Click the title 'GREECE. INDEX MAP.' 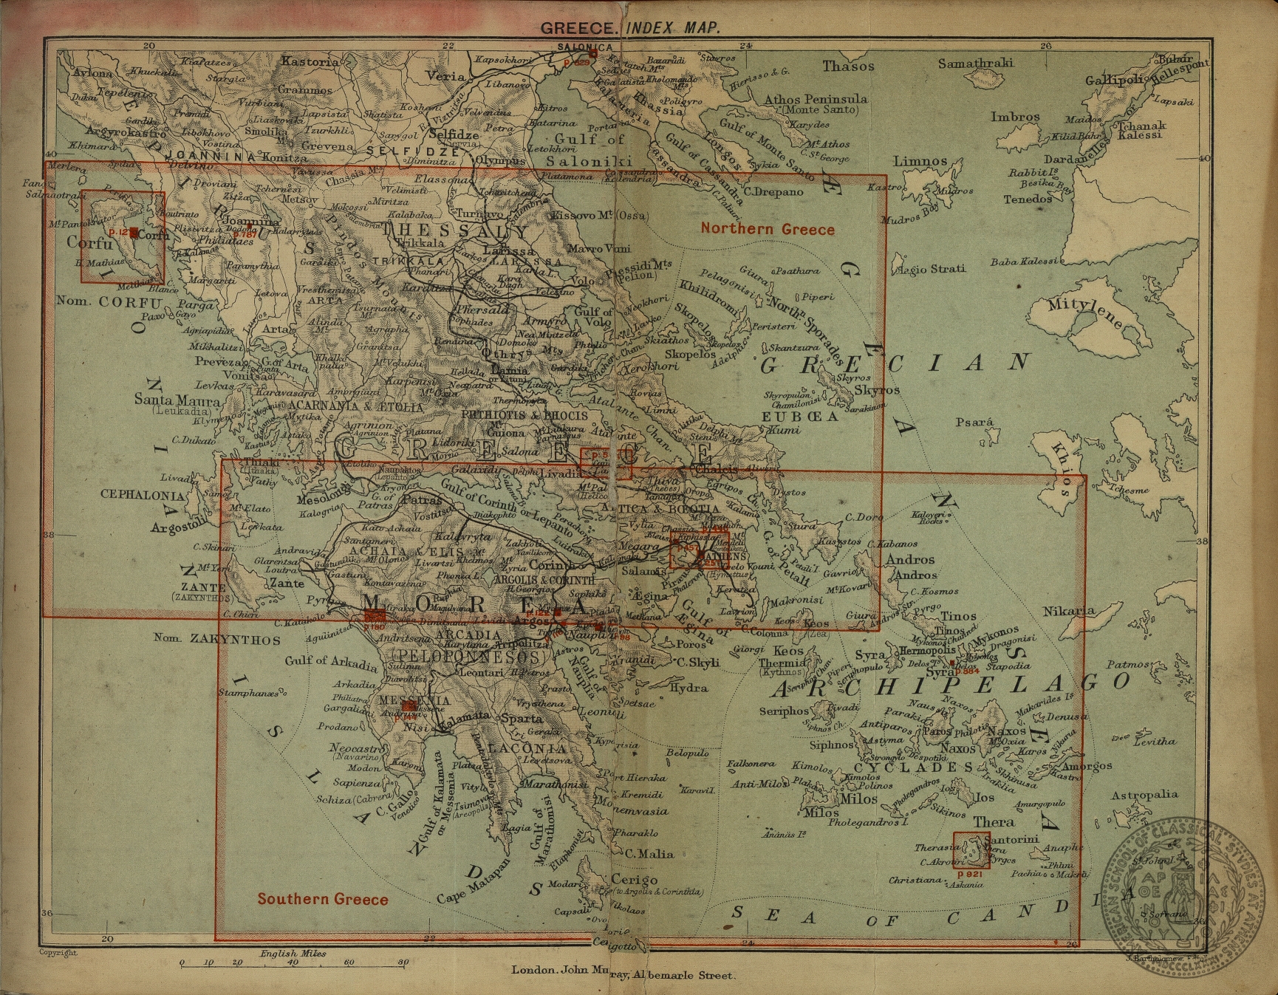629,28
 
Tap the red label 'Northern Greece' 768,229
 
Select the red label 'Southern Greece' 323,899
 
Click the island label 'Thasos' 848,66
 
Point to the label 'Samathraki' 975,64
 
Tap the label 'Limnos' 920,161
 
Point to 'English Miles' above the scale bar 293,954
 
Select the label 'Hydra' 688,688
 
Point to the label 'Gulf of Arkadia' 321,661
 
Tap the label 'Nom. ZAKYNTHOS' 217,638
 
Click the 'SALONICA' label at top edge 585,47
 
